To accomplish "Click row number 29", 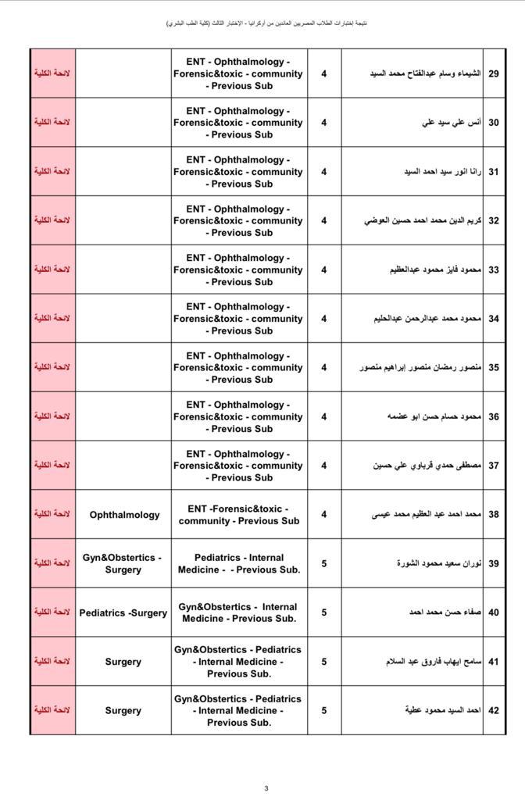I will [x=493, y=73].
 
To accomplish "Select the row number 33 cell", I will [x=493, y=270].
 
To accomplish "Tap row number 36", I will [x=493, y=416].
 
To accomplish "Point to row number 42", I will [x=493, y=710].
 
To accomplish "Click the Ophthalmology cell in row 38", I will [x=124, y=515].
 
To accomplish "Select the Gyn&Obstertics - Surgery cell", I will [x=123, y=564].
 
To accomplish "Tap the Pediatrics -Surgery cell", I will [x=123, y=613].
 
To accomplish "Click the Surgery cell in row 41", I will [x=123, y=662].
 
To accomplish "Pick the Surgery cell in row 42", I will [x=123, y=710].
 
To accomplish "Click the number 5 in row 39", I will [x=324, y=564].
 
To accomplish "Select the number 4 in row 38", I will [x=324, y=515].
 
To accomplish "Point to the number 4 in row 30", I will [x=324, y=123].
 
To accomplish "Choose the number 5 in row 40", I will [x=324, y=613].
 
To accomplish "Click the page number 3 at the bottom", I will [x=266, y=788].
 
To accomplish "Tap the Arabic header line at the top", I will [x=266, y=23].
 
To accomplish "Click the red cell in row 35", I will [x=52, y=367].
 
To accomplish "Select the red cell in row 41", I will [x=52, y=662].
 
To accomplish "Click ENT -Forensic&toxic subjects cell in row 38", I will [x=239, y=515].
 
